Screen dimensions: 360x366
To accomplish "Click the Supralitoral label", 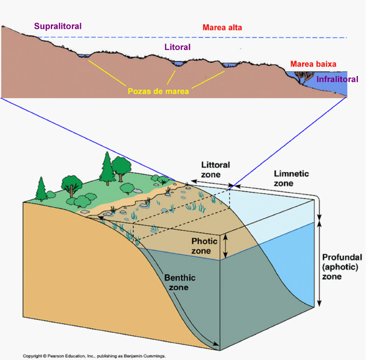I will click(x=58, y=26).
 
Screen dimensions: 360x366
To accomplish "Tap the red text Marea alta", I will click(x=222, y=28).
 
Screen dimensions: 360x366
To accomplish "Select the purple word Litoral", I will click(x=178, y=47).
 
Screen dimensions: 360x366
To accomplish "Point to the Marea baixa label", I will click(x=313, y=64).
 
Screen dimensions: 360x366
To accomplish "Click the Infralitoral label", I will click(x=338, y=79).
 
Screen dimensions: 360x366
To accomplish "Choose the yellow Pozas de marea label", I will click(x=158, y=91).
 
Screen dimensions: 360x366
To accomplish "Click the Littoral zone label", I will click(x=216, y=170).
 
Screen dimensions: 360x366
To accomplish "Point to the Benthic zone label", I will click(x=180, y=282).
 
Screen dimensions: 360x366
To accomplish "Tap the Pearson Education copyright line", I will click(x=94, y=356).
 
